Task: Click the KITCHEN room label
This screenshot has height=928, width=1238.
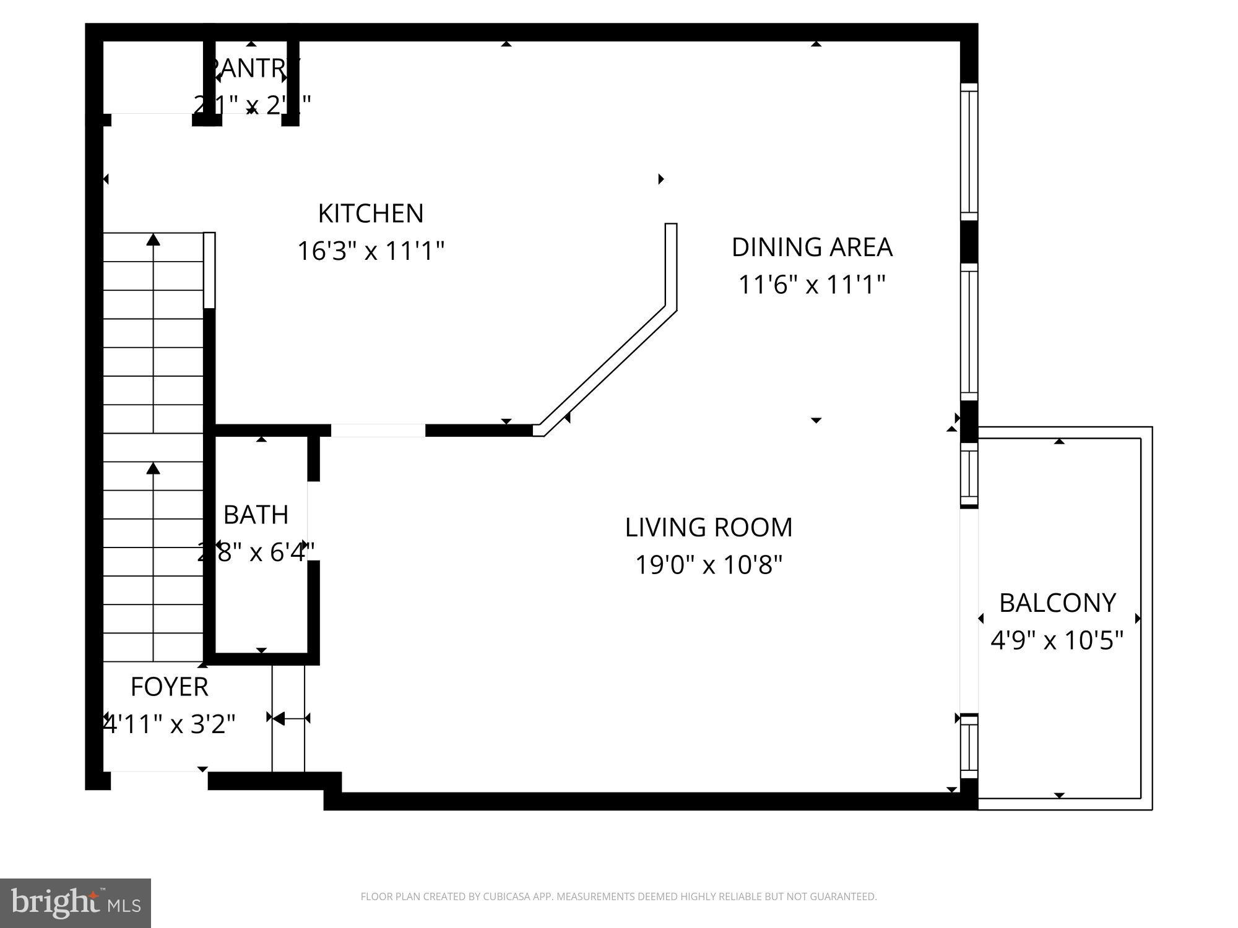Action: pos(371,213)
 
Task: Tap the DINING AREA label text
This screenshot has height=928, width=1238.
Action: pos(812,247)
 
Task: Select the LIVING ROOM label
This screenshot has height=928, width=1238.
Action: pos(709,528)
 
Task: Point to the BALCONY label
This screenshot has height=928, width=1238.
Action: pos(1057,603)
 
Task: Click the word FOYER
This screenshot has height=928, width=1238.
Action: pos(169,687)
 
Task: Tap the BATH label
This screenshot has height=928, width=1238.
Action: pos(256,515)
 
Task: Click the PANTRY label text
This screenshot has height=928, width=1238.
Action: pos(253,68)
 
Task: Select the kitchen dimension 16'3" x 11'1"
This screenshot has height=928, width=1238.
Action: pos(371,251)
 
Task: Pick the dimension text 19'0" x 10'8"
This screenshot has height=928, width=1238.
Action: pos(709,565)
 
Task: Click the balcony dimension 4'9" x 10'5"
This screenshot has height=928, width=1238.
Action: pos(1057,640)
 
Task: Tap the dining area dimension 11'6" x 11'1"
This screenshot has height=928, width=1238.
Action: pos(812,285)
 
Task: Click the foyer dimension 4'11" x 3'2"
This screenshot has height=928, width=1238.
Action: pos(169,724)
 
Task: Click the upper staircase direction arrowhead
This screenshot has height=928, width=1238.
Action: pos(153,239)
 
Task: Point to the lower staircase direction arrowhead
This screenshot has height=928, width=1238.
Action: pos(153,468)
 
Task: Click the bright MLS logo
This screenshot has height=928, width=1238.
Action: pos(76,903)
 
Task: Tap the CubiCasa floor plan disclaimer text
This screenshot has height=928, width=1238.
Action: pos(618,896)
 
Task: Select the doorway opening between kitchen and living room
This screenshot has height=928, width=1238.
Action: pos(378,430)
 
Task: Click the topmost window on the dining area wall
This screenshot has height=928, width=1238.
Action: pos(969,152)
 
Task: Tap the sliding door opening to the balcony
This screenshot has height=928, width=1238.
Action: pos(969,609)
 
